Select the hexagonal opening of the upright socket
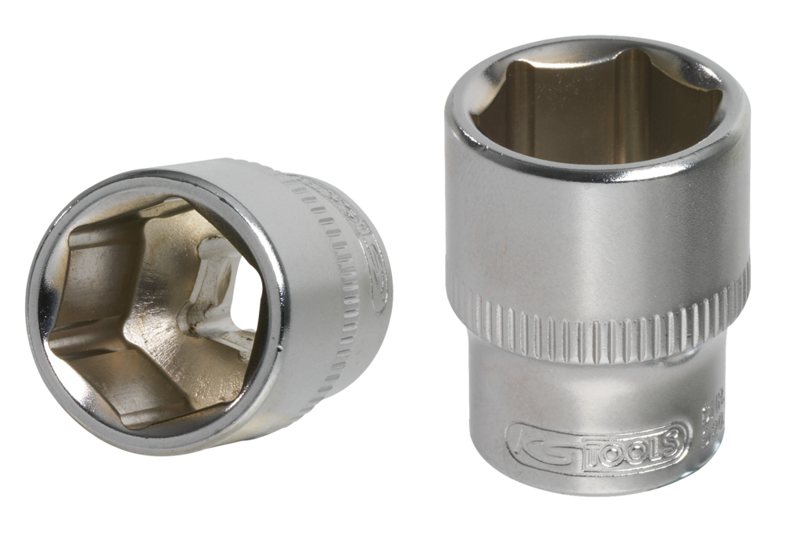(598, 110)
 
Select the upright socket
(598, 260)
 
